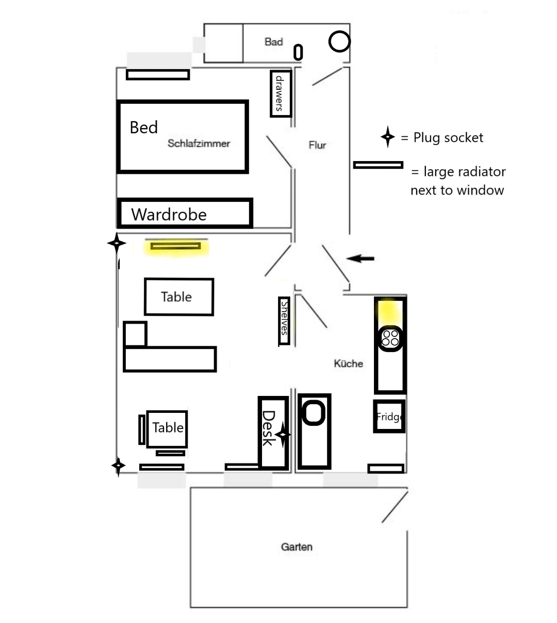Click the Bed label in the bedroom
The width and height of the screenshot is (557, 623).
pos(143,127)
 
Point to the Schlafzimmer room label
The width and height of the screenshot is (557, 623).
pos(199,143)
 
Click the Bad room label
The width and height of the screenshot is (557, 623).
pos(274,42)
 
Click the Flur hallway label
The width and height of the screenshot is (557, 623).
pos(317,145)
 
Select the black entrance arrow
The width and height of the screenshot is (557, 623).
pos(360,258)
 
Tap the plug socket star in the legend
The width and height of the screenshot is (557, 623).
pos(388,137)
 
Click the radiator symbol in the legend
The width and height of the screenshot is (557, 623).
pos(378,165)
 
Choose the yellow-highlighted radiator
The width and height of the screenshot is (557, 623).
pos(176,246)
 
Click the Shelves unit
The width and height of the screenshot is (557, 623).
pos(284,321)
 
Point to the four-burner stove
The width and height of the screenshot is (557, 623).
pos(390,338)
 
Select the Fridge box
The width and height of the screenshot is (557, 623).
pos(389,416)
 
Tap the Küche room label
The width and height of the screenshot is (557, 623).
pos(349,363)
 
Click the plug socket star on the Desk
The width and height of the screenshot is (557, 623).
pos(283,435)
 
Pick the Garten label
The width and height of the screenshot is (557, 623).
pos(297,547)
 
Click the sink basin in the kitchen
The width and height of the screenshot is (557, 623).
pos(314,413)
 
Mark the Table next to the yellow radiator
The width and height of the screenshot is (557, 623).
pos(179,297)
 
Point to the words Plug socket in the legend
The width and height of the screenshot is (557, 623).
pos(448,138)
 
